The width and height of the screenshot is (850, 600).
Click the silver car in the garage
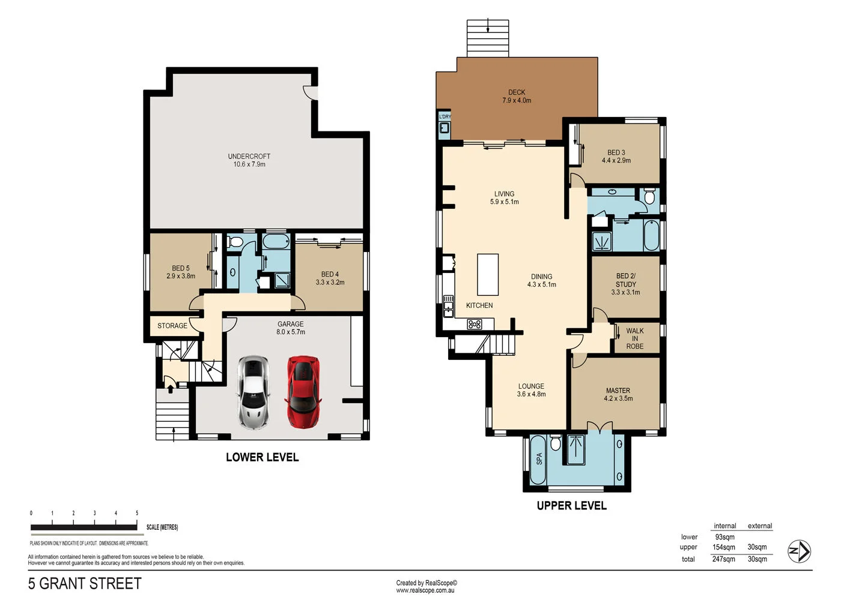(x=253, y=392)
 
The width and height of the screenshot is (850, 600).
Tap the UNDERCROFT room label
(x=249, y=160)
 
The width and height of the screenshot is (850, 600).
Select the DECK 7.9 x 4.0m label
(x=517, y=97)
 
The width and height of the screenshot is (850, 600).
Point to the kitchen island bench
(x=488, y=275)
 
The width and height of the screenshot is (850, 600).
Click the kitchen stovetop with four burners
(x=475, y=324)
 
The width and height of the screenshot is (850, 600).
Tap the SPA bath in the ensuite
(x=538, y=460)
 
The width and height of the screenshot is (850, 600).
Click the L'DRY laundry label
(x=445, y=116)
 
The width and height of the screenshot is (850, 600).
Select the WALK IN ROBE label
(x=634, y=338)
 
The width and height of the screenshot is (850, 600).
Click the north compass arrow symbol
(x=799, y=551)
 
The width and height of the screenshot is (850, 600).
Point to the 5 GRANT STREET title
(x=85, y=584)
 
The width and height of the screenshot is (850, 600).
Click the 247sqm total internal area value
(x=723, y=559)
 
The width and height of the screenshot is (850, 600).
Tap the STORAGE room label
(x=172, y=326)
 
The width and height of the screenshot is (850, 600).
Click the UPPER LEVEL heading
(x=571, y=506)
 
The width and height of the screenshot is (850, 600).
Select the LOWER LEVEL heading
(x=262, y=457)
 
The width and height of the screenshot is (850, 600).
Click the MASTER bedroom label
(x=618, y=394)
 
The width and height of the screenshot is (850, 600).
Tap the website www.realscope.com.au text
(x=425, y=590)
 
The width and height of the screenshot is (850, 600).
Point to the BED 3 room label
(x=616, y=157)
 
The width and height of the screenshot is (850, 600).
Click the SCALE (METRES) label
(x=162, y=527)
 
